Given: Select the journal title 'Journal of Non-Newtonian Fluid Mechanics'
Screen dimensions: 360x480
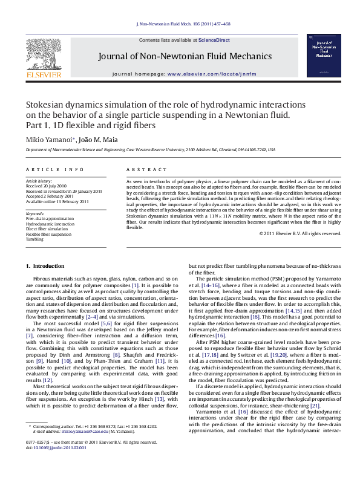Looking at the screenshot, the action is pyautogui.click(x=180, y=57).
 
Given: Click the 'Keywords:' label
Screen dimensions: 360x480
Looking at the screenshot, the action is pyautogui.click(x=36, y=213).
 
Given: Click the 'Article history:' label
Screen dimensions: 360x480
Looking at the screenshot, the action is pyautogui.click(x=38, y=181).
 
